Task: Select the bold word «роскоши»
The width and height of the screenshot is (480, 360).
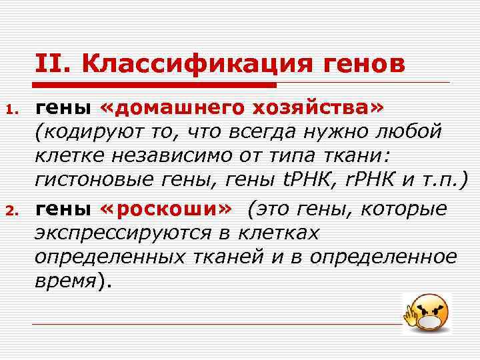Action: [x=166, y=209]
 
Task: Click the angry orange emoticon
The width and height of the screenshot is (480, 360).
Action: [x=427, y=312]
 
